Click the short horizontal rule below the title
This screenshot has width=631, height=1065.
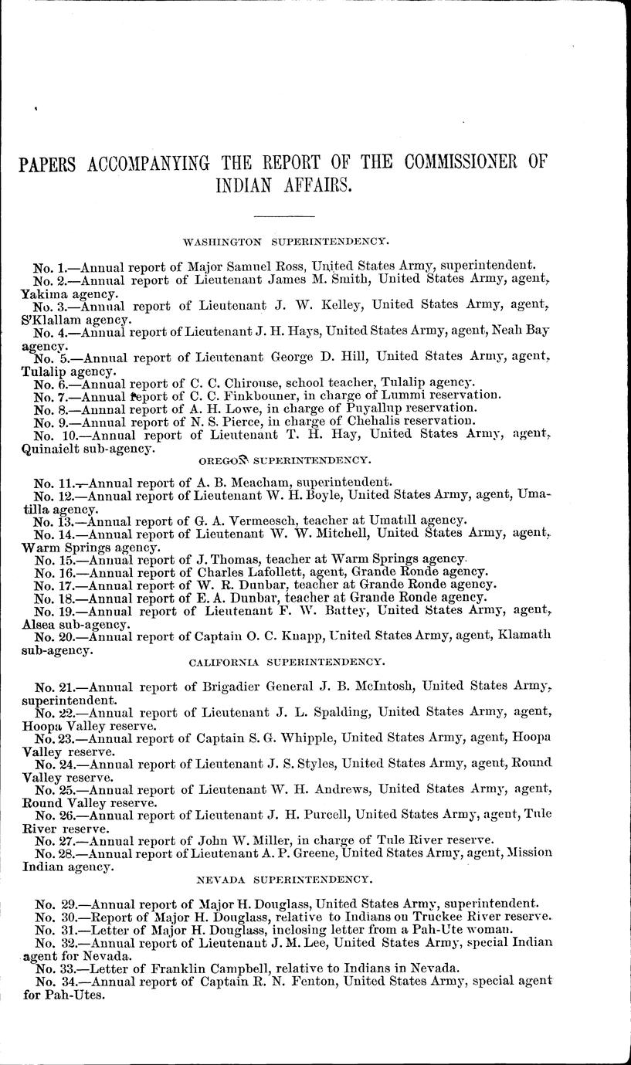click(x=284, y=215)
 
